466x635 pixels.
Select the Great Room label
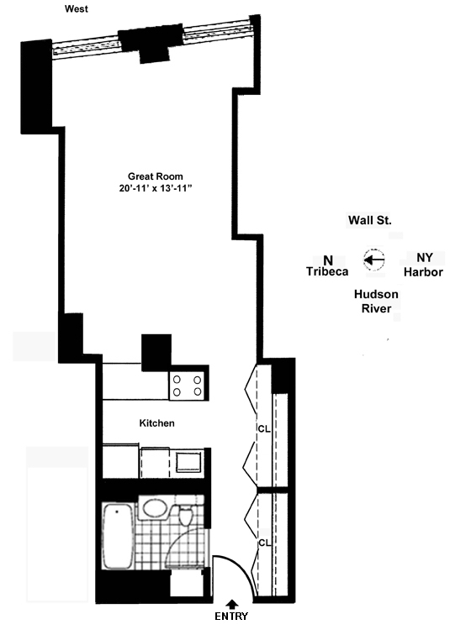click(x=156, y=176)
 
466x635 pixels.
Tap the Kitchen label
click(x=156, y=423)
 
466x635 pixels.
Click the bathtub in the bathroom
click(x=117, y=537)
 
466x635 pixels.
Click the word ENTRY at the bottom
click(x=232, y=617)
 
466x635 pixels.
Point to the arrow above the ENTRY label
click(x=232, y=601)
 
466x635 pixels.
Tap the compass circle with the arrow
click(x=373, y=260)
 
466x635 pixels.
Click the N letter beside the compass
click(x=328, y=259)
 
